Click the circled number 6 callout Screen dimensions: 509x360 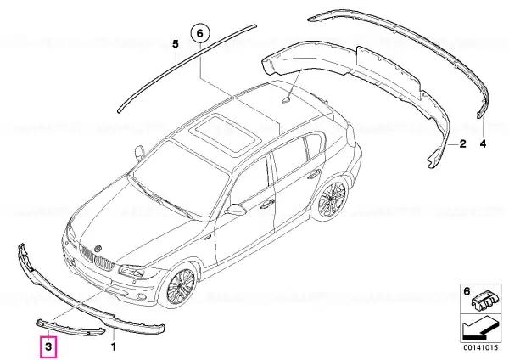(200, 34)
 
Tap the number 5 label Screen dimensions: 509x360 (176, 44)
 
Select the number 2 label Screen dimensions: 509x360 (462, 143)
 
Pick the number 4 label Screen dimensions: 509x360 (483, 143)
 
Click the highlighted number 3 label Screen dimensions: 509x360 (48, 346)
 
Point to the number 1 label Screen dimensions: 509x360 (114, 346)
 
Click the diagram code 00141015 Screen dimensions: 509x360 (480, 347)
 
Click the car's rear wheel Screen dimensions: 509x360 (333, 198)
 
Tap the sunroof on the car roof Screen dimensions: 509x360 (227, 133)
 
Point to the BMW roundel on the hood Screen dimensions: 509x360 (98, 248)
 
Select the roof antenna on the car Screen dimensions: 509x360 (286, 100)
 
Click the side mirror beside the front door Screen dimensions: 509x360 (235, 209)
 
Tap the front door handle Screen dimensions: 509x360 (267, 204)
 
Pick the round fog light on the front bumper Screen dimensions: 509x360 (141, 296)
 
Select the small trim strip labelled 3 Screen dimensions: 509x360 (70, 328)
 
